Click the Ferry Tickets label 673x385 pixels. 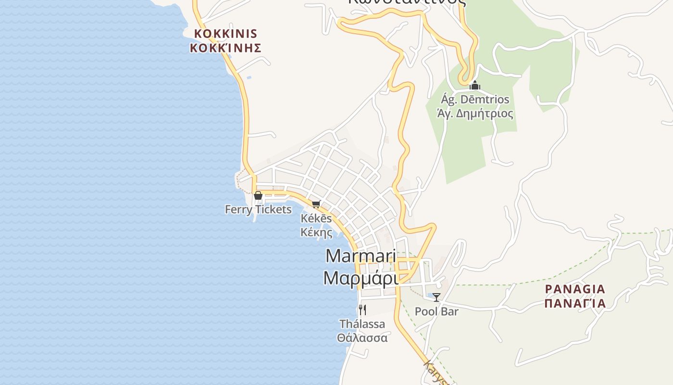click(258, 209)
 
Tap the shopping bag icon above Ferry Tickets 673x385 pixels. click(258, 195)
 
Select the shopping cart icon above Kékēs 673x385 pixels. click(316, 204)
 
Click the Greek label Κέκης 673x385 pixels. click(316, 232)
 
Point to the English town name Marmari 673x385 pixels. click(361, 256)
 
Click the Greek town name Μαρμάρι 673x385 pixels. click(361, 278)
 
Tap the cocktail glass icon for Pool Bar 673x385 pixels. click(436, 297)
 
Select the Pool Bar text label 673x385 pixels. click(436, 311)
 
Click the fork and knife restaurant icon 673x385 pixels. click(362, 309)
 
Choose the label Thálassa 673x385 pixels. click(362, 324)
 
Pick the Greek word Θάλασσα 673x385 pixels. click(362, 337)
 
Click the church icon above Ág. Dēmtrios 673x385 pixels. click(475, 86)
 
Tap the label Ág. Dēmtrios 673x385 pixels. click(475, 100)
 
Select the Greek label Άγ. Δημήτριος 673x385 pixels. click(475, 114)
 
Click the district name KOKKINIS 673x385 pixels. click(225, 34)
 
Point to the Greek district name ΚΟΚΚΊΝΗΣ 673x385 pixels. click(225, 48)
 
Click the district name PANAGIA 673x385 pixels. click(575, 289)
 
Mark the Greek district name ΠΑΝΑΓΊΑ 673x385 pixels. click(575, 304)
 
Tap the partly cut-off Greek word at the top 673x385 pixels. click(407, 2)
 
